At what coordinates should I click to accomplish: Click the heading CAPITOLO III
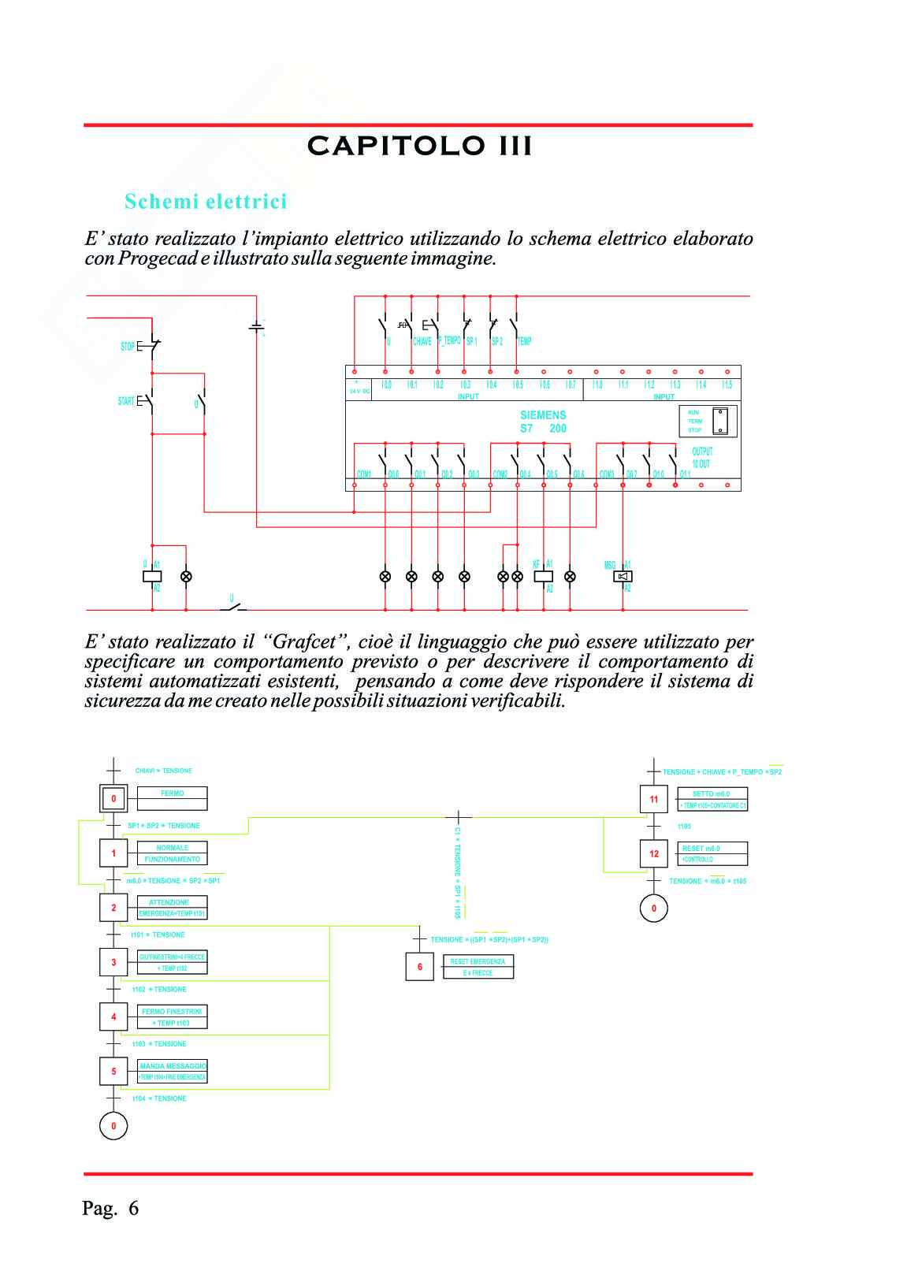coord(419,146)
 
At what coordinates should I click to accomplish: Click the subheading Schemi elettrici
coord(206,202)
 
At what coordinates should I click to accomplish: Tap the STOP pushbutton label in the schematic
coord(128,347)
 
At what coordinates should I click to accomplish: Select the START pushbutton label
coord(126,402)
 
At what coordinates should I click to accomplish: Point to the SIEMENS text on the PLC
coord(543,415)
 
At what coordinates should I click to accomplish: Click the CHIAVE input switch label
coord(422,342)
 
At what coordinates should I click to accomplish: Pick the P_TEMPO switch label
coord(449,340)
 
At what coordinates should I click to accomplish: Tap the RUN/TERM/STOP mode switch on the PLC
coord(720,421)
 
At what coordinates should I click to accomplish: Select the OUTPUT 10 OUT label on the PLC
coord(701,458)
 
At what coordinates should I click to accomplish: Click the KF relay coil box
coord(543,576)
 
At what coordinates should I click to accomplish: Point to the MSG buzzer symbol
coord(623,576)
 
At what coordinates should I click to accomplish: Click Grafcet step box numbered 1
coord(113,853)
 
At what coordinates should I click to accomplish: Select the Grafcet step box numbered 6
coord(419,967)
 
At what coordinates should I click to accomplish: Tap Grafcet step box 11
coord(653,799)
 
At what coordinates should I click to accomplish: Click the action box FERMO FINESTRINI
coord(172,1016)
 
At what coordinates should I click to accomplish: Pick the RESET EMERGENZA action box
coord(478,967)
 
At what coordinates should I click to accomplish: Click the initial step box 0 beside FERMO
coord(113,799)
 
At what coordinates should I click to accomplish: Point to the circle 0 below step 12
coord(653,909)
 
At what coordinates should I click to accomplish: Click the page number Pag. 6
coord(110,1208)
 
